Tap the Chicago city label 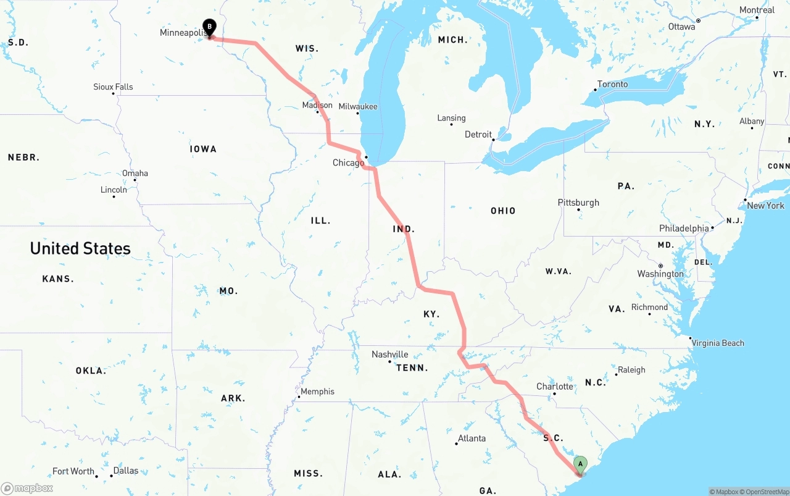[348, 162]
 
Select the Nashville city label [389, 355]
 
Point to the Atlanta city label [472, 439]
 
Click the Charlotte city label [555, 387]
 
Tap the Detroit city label [478, 134]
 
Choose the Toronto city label [612, 84]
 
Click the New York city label [765, 205]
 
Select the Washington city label [660, 274]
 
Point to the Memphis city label [317, 392]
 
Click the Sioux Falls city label [113, 87]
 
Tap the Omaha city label [135, 173]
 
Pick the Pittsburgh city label [578, 203]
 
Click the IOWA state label [203, 149]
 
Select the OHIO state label [503, 211]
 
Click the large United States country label [80, 248]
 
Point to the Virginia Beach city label [718, 343]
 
